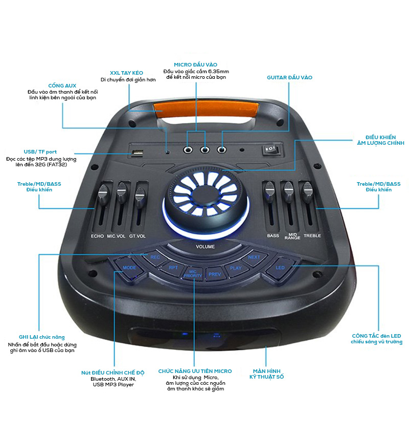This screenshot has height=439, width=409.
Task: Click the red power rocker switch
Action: [x=270, y=150]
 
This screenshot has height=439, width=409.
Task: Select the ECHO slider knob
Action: [x=103, y=193]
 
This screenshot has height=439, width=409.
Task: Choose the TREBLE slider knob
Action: [x=306, y=190]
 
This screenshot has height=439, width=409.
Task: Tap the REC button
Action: [x=155, y=257]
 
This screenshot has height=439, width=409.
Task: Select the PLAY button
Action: [x=236, y=268]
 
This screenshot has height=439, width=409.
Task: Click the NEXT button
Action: [x=254, y=257]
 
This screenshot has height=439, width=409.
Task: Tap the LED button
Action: [x=280, y=268]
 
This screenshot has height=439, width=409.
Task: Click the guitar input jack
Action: [x=222, y=150]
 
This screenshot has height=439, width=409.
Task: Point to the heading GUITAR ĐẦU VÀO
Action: [x=289, y=77]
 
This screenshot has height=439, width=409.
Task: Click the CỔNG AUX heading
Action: [x=62, y=85]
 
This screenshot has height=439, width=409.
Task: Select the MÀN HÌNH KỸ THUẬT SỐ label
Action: [x=266, y=374]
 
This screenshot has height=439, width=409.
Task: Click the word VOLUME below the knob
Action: [x=205, y=247]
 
